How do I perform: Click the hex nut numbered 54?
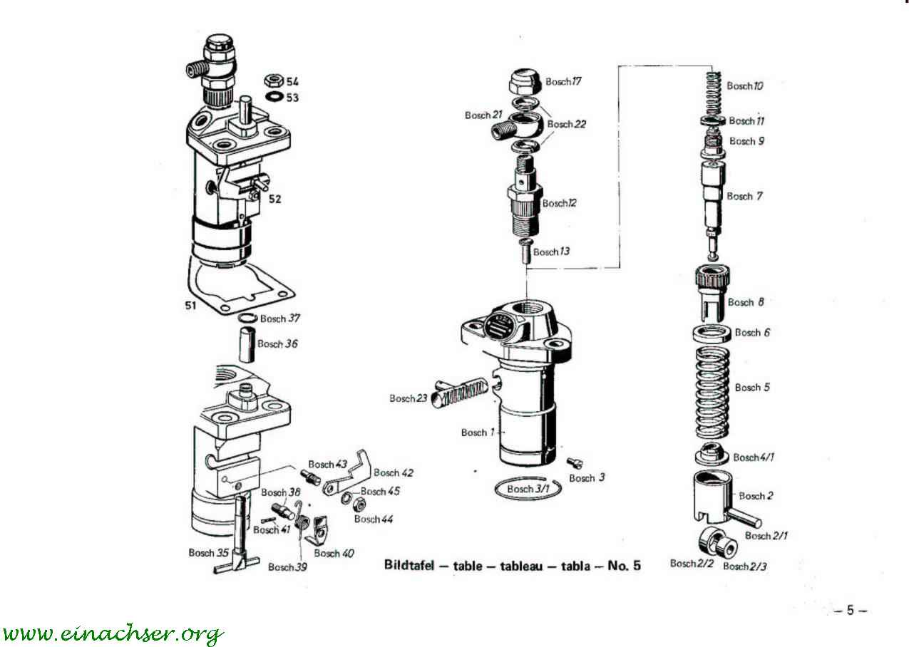(274, 81)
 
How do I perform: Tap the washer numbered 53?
(274, 97)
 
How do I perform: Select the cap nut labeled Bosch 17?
(525, 81)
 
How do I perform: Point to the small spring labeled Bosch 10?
(713, 93)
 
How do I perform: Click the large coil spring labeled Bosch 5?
(712, 393)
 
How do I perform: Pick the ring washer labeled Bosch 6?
(712, 333)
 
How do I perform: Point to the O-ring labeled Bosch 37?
(247, 318)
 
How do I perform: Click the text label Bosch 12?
(559, 203)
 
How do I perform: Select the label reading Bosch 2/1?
(766, 535)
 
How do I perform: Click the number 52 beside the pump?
(274, 200)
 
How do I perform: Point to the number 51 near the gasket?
(191, 306)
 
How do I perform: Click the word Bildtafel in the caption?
(409, 565)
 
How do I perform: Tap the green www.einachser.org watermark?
(113, 633)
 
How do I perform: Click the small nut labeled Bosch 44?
(359, 504)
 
